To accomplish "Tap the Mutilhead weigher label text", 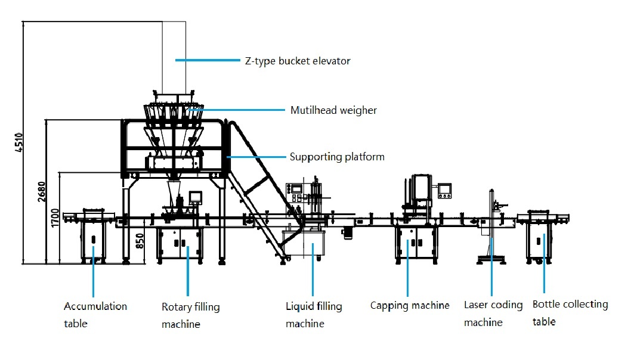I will pos(333,110).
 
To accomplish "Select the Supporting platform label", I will pos(337,157).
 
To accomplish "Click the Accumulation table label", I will pos(95,315).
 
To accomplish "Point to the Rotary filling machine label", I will pos(190,315).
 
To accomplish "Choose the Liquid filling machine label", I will pos(314,315).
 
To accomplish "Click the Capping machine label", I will pos(410,306).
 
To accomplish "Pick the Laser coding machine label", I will pos(493,314).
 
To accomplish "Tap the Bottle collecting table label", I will pos(570,313).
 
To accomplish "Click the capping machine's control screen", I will pos(445,191).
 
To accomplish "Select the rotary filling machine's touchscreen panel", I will pos(196,197).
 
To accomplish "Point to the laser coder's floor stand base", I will pos(490,259).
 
